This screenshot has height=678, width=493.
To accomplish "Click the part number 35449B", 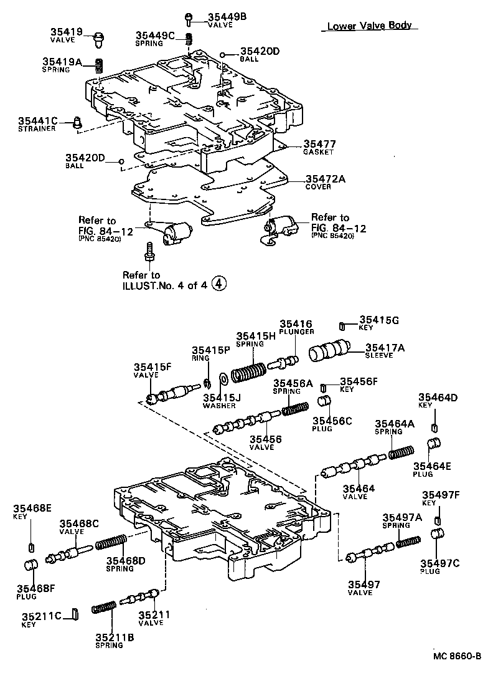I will [x=227, y=17].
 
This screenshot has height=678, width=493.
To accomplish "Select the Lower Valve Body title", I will [x=370, y=26].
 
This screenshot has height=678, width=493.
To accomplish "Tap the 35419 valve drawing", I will [x=96, y=39].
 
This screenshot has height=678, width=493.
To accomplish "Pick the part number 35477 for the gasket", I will [x=318, y=144].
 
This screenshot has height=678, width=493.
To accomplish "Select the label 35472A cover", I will [x=325, y=179].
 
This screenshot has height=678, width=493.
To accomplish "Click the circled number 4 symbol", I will [x=218, y=284].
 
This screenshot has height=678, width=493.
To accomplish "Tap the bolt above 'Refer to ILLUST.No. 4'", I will [x=149, y=251].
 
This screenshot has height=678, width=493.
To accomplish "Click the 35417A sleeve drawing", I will [x=331, y=352].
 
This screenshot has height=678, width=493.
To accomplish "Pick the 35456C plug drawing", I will [x=324, y=400].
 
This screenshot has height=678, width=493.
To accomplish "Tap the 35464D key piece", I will [x=434, y=427].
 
